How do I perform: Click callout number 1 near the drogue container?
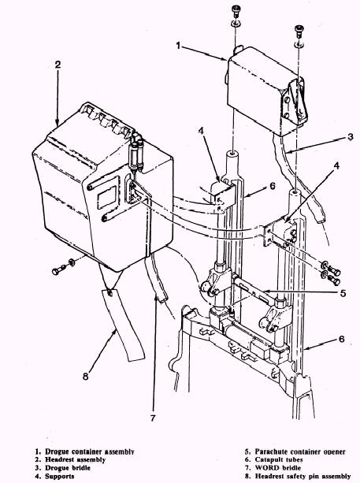click(x=178, y=46)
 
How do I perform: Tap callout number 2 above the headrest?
click(x=58, y=65)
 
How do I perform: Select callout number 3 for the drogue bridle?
click(x=350, y=136)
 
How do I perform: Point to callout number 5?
click(x=343, y=293)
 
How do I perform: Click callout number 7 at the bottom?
click(x=153, y=418)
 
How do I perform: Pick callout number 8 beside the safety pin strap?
click(x=85, y=376)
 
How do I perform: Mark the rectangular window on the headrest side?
click(x=107, y=197)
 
